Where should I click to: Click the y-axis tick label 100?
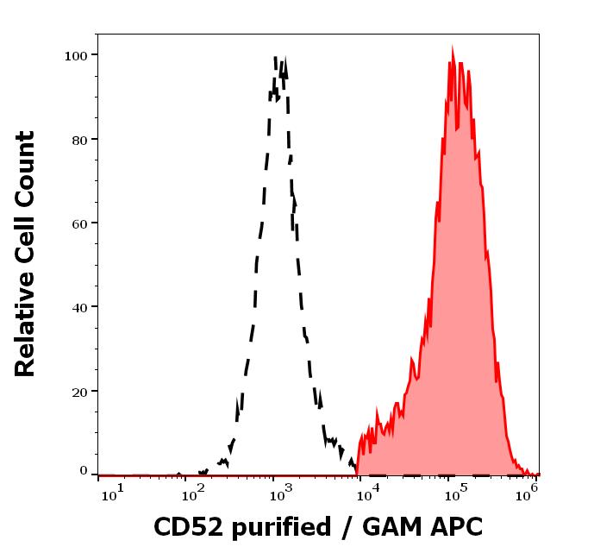tap(76, 55)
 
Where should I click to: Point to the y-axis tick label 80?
tap(78, 139)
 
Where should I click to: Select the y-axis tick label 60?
tap(78, 223)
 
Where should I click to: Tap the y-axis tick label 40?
tap(78, 306)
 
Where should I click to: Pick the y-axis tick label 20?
tap(78, 391)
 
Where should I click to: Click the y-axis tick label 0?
tap(84, 471)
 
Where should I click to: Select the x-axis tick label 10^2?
tap(197, 491)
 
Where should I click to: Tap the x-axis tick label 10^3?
tap(282, 491)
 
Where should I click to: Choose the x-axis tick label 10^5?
tap(454, 491)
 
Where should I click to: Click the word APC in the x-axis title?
tap(449, 525)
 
